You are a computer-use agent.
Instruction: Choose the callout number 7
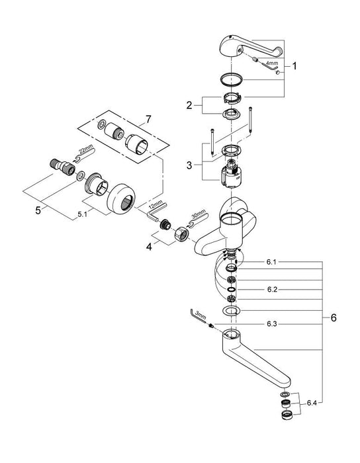click(148, 119)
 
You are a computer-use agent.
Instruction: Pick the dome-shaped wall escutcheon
click(120, 197)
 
